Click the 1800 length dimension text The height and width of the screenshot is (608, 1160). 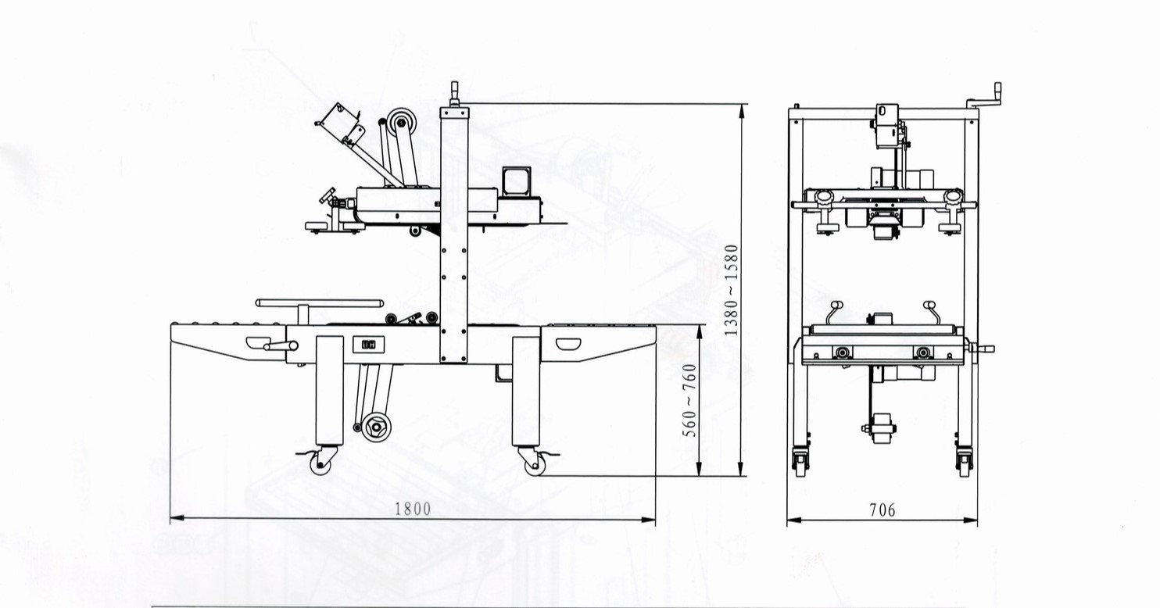coord(413,509)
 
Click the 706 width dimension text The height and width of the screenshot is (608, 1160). coord(882,510)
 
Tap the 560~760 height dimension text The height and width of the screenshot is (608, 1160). coord(689,400)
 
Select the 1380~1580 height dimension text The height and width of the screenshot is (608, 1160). coord(731,290)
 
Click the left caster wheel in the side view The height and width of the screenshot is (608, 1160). coord(320,465)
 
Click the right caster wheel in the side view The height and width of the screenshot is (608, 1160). coord(535,465)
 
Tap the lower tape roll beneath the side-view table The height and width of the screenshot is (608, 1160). coord(377,427)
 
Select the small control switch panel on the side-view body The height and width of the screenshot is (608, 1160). coord(369,345)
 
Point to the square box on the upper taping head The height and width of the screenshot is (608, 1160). coord(517,181)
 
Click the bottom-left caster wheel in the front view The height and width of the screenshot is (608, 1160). coord(800,463)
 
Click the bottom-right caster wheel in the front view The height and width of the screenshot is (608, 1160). coord(965,463)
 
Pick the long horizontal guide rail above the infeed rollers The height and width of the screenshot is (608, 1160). coord(320,303)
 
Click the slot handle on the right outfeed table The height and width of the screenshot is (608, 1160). coord(568,344)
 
